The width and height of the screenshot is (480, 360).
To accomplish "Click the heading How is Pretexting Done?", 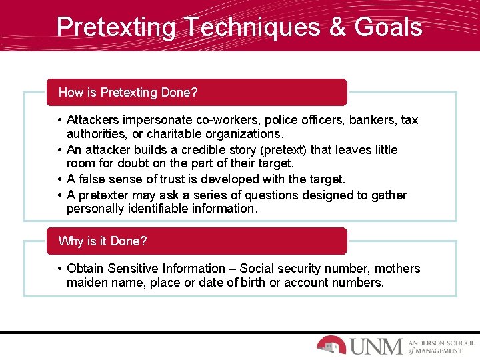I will (128, 93).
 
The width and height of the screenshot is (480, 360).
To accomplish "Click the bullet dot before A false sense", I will (60, 179).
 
